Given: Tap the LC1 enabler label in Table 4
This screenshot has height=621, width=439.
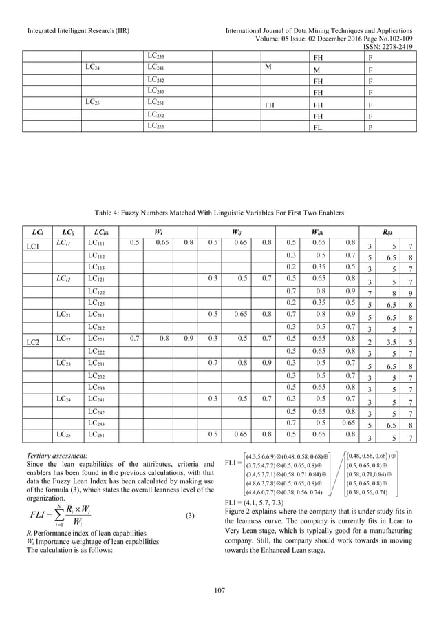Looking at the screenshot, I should [32, 246].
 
